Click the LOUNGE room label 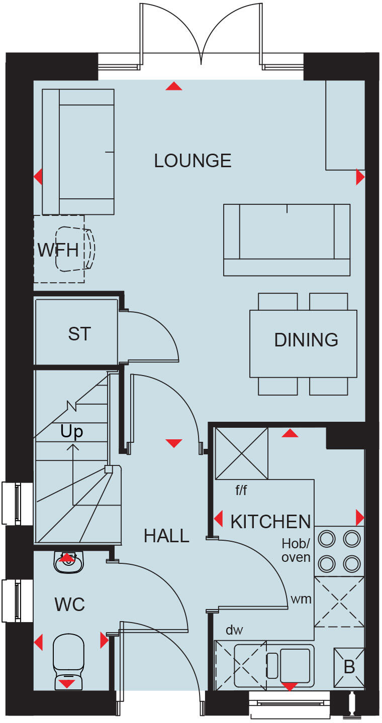193,161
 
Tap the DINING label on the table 306,340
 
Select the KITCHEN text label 270,522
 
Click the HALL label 166,536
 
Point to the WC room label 69,605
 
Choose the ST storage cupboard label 79,333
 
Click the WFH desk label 58,250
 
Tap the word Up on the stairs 71,431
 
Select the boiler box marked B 349,667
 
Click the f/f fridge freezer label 241,490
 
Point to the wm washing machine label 301,598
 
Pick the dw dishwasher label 234,630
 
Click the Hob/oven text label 296,550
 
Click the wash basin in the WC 67,563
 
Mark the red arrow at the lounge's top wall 173,86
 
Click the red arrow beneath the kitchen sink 289,686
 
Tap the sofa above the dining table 286,239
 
